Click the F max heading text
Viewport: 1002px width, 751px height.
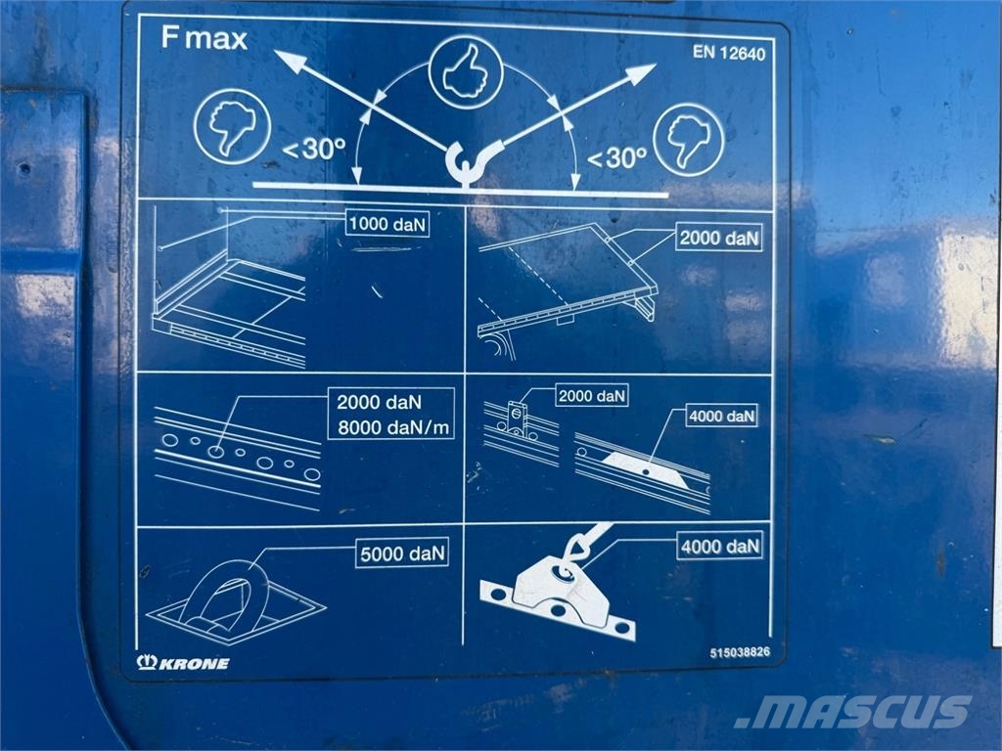pyautogui.click(x=204, y=38)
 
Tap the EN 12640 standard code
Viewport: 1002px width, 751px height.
pyautogui.click(x=728, y=53)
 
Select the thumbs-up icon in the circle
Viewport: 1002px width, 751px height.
pyautogui.click(x=465, y=72)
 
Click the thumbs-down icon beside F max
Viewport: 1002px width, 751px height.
pyautogui.click(x=233, y=126)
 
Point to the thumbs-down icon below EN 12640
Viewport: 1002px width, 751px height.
pyautogui.click(x=688, y=140)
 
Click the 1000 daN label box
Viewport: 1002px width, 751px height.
pyautogui.click(x=387, y=224)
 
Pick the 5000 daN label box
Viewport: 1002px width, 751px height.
pyautogui.click(x=402, y=553)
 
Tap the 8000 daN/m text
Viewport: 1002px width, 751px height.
pyautogui.click(x=393, y=427)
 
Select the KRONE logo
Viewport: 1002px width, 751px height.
pyautogui.click(x=183, y=663)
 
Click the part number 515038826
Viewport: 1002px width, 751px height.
pyautogui.click(x=740, y=652)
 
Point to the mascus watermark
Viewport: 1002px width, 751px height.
pyautogui.click(x=853, y=712)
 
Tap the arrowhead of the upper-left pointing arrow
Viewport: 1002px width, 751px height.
pyautogui.click(x=291, y=61)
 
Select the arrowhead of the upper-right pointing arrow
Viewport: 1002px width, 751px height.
pyautogui.click(x=641, y=72)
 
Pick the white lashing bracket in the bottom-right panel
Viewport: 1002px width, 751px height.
pyautogui.click(x=558, y=591)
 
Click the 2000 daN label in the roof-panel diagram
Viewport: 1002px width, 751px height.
pyautogui.click(x=719, y=238)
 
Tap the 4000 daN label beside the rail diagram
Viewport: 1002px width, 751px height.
pyautogui.click(x=722, y=417)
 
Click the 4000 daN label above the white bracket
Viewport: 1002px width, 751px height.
pyautogui.click(x=720, y=546)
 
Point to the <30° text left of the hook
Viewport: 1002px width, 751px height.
pyautogui.click(x=314, y=149)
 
